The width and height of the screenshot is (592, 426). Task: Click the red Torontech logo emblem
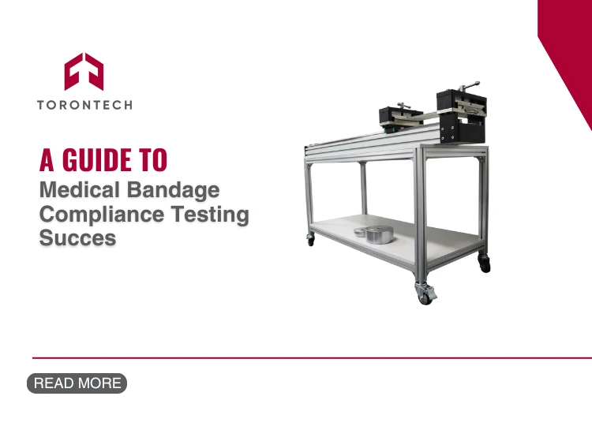[x=84, y=72]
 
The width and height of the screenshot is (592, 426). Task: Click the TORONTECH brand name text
[x=85, y=105]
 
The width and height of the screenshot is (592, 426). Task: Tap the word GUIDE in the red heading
[x=96, y=160]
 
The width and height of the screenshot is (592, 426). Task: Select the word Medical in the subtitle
[x=80, y=189]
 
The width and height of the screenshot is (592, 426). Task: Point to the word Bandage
[x=174, y=190]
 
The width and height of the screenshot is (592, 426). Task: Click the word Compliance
[x=102, y=215]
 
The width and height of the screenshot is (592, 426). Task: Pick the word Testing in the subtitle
[x=210, y=215]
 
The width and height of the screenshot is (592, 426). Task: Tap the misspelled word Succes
[x=78, y=237]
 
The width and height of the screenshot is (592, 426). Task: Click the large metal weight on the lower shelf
[x=379, y=235]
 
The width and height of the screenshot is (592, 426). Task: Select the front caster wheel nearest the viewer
[x=425, y=294]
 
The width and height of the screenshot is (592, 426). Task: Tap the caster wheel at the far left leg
[x=311, y=240]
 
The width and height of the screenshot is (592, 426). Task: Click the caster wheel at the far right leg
[x=485, y=263]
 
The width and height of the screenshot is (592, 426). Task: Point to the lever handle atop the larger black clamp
[x=468, y=85]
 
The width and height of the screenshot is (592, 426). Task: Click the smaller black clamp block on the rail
[x=399, y=117]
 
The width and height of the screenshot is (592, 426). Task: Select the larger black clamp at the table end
[x=462, y=115]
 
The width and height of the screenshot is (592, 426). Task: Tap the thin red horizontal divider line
[x=312, y=357]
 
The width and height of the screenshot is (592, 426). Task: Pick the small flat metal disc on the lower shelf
[x=360, y=232]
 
